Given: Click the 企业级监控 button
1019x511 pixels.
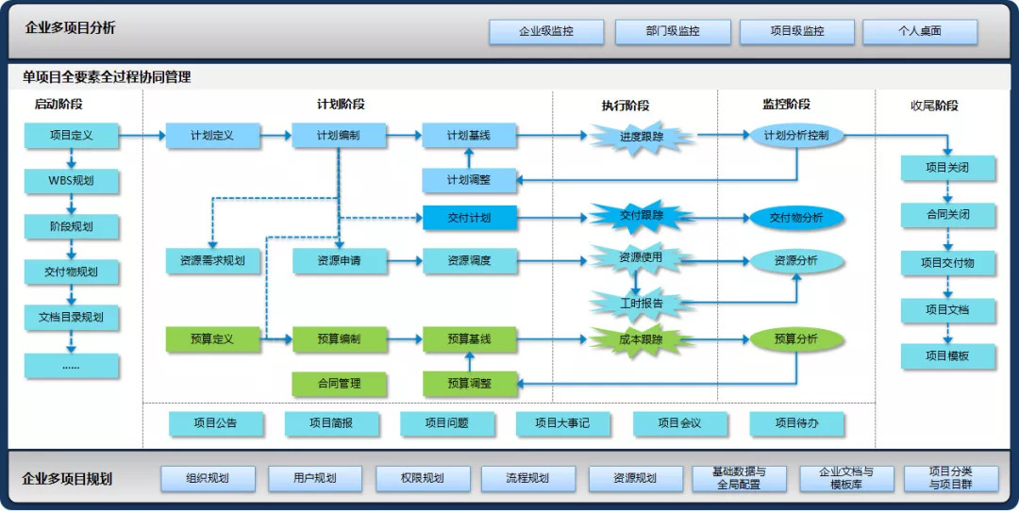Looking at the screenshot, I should [545, 31].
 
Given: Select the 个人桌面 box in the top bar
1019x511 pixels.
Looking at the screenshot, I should [919, 31].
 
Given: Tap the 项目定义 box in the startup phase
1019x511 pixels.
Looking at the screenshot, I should [72, 136].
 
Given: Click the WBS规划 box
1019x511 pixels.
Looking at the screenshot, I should [72, 180].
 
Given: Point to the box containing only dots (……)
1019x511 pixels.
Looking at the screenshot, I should [72, 365].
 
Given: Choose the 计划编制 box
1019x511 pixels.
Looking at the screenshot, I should [338, 136].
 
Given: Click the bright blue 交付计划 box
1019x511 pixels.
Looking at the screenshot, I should [469, 218].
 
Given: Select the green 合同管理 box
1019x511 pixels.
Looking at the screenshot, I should [338, 383].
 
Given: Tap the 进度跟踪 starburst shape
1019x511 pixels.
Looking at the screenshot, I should [642, 137].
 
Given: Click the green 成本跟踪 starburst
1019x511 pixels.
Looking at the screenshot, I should [642, 339].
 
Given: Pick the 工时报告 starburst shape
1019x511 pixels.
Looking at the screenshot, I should [642, 304].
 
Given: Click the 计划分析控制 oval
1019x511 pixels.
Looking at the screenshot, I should [796, 136].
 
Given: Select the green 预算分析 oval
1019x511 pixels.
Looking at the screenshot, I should [796, 339].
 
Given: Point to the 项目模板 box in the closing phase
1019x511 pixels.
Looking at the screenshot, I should [947, 355].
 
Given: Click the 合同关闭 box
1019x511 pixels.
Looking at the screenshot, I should [947, 215].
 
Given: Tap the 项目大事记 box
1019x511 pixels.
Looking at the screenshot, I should [562, 423].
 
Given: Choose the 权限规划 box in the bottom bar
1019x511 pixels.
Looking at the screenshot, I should [421, 478].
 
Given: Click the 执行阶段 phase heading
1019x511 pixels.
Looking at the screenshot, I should [626, 106].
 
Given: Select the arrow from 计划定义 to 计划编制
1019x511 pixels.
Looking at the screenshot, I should [276, 136].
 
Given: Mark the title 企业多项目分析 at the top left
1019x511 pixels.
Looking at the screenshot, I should [71, 28].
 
